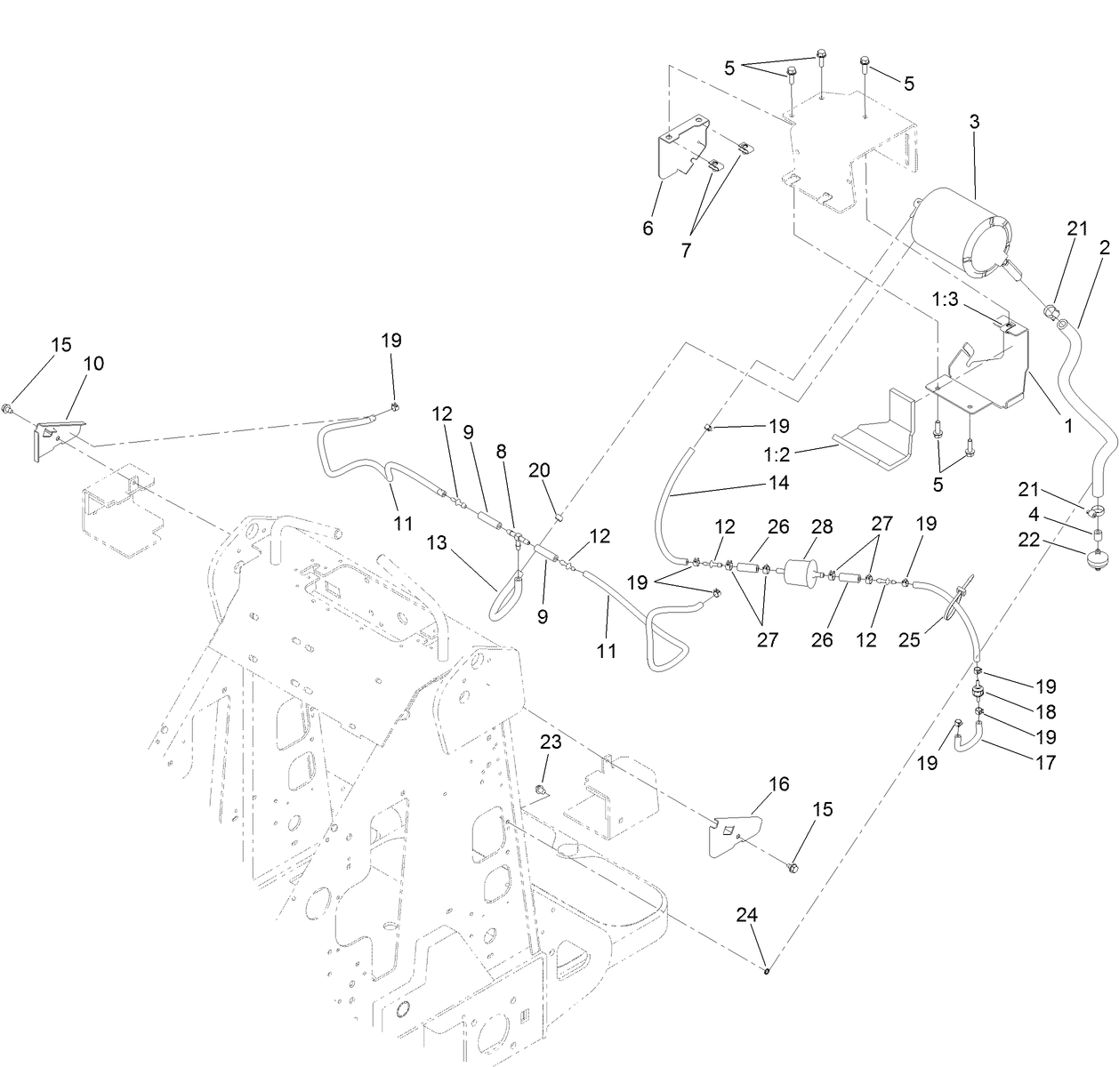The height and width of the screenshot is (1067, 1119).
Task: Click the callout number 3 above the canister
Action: tap(974, 123)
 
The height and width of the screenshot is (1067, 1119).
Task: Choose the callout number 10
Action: tap(93, 363)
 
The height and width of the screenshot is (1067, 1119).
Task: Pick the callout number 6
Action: tap(648, 229)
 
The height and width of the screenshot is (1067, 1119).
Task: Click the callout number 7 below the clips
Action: tap(686, 251)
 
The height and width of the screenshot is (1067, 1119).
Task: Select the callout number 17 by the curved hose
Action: tap(1047, 762)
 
